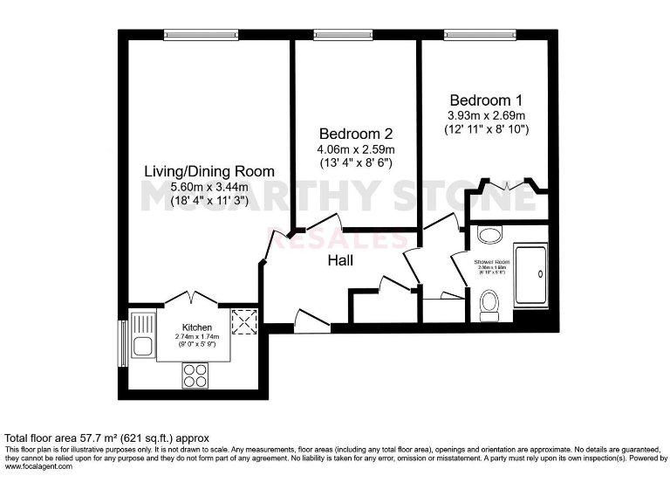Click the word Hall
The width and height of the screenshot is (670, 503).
click(x=340, y=260)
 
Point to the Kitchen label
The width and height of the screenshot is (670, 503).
click(x=197, y=327)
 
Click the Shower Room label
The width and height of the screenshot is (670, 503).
click(x=492, y=261)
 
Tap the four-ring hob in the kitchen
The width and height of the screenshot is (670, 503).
click(x=195, y=374)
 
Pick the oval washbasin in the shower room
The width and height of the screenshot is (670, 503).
click(x=489, y=235)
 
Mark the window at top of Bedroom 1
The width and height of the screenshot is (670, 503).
click(x=472, y=35)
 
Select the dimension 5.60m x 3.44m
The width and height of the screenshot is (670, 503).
click(x=209, y=187)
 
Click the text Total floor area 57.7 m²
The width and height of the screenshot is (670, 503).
click(x=108, y=438)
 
